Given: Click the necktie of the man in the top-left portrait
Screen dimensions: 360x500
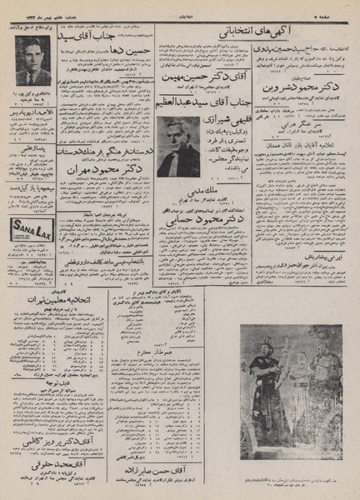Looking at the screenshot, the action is (x=32, y=77).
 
